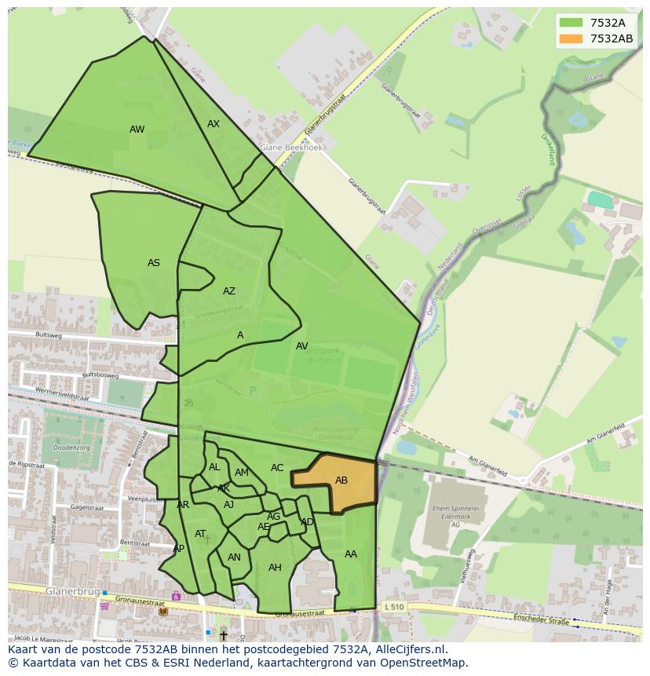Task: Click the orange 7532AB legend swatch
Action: (571, 38)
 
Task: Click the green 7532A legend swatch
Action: (571, 23)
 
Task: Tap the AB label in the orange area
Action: (341, 481)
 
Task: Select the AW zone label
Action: (137, 130)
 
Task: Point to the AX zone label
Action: (214, 124)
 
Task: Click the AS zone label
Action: (154, 263)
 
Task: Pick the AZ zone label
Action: (228, 291)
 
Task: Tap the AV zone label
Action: (302, 346)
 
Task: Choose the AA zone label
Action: (351, 554)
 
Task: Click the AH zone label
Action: (275, 568)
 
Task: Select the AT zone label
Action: (200, 534)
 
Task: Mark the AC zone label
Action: (277, 468)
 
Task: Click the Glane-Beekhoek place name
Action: (291, 146)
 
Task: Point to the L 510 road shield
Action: (394, 607)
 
